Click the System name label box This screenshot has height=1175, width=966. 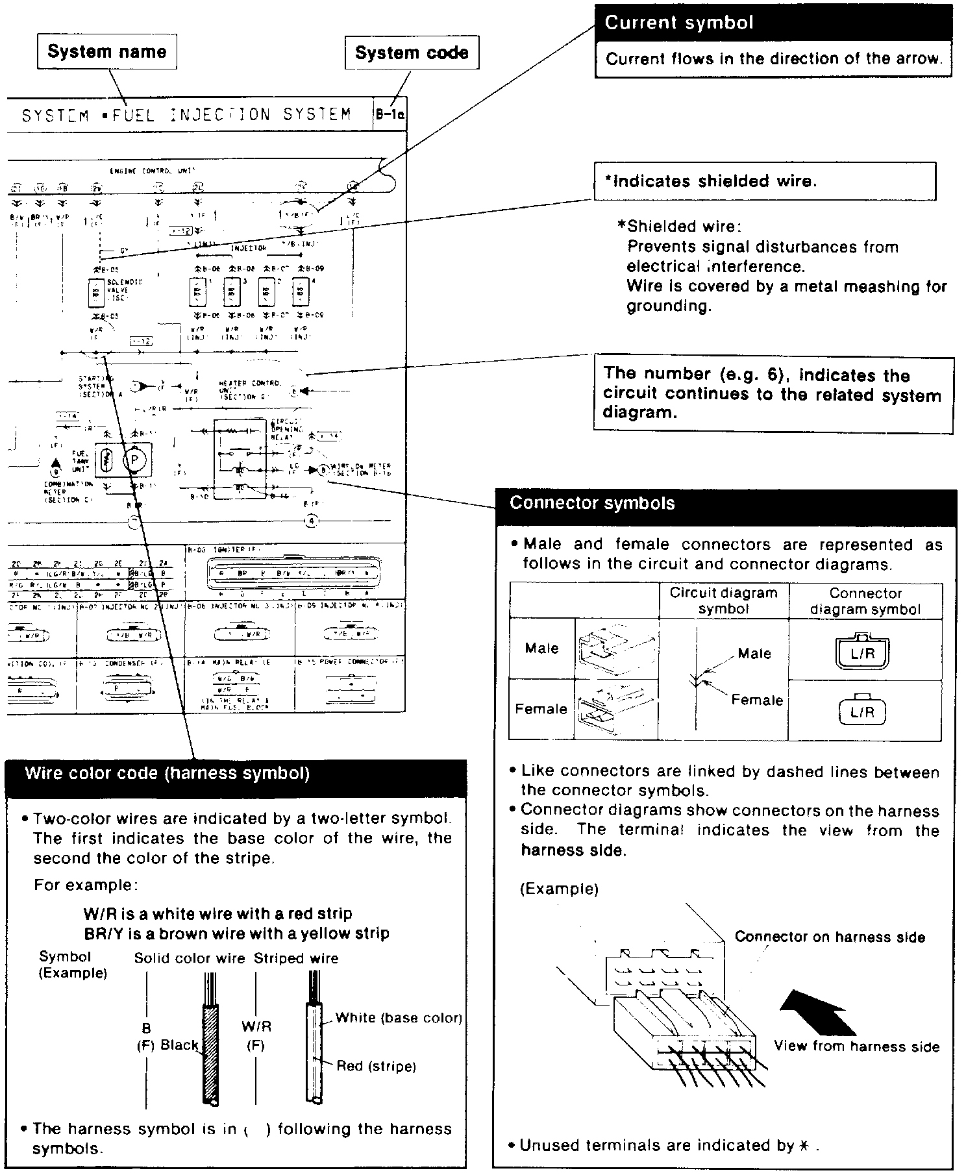pyautogui.click(x=107, y=52)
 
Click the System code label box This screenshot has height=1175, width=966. pyautogui.click(x=412, y=53)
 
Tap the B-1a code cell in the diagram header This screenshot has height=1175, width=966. pyautogui.click(x=390, y=115)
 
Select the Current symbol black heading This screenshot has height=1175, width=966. pyautogui.click(x=773, y=23)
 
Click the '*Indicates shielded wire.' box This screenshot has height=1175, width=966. pyautogui.click(x=764, y=181)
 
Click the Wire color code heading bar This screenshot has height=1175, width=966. pyautogui.click(x=235, y=774)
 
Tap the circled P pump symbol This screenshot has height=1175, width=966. pyautogui.click(x=135, y=460)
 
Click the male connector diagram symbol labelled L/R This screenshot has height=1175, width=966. pyautogui.click(x=862, y=652)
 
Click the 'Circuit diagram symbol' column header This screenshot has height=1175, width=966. pyautogui.click(x=723, y=600)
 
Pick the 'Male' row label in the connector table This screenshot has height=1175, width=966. pyautogui.click(x=541, y=649)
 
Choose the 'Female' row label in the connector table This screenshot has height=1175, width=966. pyautogui.click(x=541, y=709)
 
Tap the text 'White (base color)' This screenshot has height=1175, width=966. pyautogui.click(x=399, y=1018)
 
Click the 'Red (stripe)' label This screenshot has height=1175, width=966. pyautogui.click(x=377, y=1066)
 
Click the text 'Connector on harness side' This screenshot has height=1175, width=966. pyautogui.click(x=830, y=937)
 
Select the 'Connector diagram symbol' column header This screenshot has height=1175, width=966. pyautogui.click(x=865, y=601)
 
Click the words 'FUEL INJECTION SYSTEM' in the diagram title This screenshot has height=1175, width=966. pyautogui.click(x=231, y=116)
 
